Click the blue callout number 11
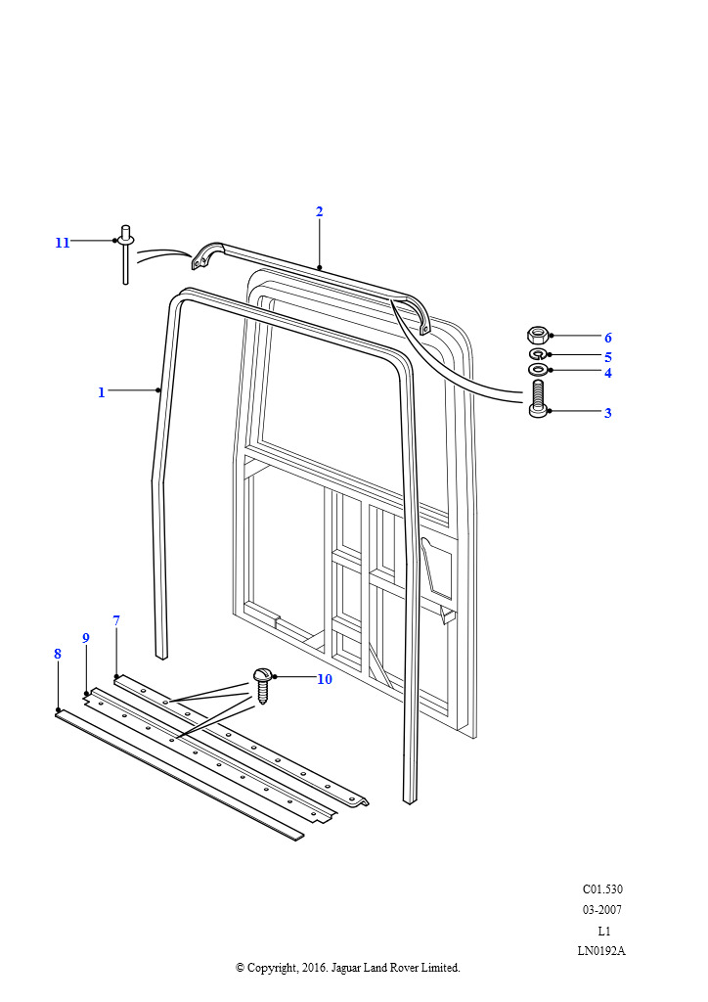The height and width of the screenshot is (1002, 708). (x=62, y=243)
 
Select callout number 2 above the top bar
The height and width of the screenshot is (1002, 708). (x=319, y=211)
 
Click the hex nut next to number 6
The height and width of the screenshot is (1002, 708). (x=538, y=334)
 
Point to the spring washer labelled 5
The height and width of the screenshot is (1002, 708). (x=538, y=354)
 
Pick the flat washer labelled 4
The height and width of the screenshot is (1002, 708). (x=538, y=369)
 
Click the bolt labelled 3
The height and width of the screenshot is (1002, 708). (x=538, y=399)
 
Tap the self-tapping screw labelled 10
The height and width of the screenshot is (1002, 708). (x=263, y=684)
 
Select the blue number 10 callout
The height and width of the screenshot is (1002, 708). (x=325, y=679)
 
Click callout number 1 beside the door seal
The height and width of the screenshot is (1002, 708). (x=101, y=392)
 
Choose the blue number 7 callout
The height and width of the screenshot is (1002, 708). (x=116, y=620)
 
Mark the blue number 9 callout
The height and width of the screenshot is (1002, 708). (x=86, y=638)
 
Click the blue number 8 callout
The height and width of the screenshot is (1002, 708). (x=58, y=654)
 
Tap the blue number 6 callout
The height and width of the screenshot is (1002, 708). (x=608, y=338)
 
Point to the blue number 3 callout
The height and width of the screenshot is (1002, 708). (x=608, y=413)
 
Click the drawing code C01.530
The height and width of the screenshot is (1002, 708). (x=602, y=888)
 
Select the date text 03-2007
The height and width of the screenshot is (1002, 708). (x=602, y=909)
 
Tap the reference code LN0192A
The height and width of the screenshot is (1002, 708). (x=601, y=951)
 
